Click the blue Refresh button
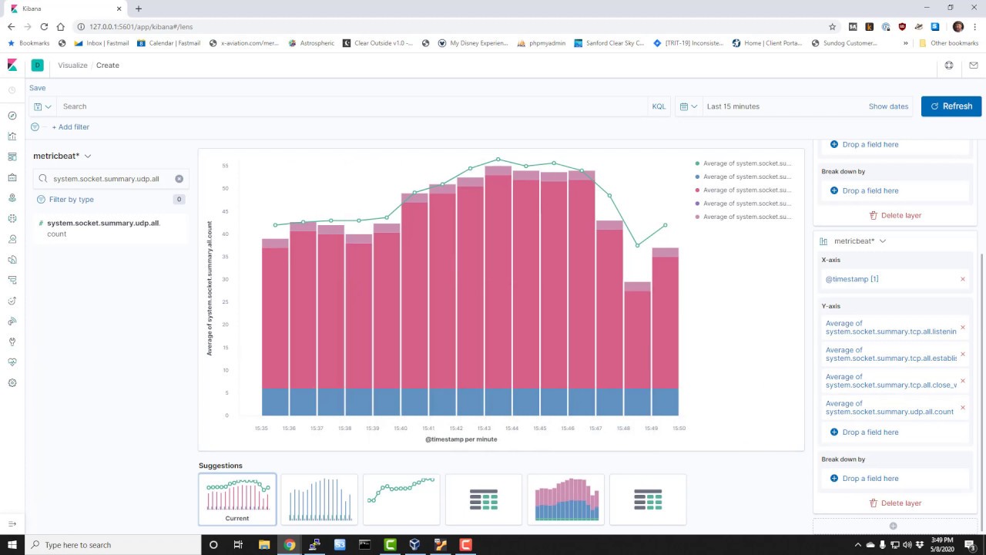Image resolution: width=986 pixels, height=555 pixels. [x=951, y=106]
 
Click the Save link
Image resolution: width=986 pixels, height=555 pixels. [x=37, y=88]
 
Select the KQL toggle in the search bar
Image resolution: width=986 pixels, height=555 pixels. [x=659, y=106]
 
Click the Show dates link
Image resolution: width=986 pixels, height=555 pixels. [x=888, y=106]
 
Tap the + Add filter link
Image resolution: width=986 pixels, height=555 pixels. [x=70, y=127]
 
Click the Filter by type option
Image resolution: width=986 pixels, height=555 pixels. [x=71, y=200]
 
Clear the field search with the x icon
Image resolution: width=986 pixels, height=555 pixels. [x=179, y=179]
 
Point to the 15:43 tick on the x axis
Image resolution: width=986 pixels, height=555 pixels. [x=484, y=429]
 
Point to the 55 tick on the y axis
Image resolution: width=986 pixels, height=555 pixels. [x=225, y=166]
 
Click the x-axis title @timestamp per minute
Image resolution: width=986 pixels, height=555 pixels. [x=461, y=439]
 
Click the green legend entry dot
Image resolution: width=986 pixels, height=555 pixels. [x=697, y=163]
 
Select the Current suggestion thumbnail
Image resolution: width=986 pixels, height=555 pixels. [x=237, y=499]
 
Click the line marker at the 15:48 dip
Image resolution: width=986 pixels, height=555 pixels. [x=637, y=246]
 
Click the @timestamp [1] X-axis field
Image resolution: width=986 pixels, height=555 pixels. [x=852, y=279]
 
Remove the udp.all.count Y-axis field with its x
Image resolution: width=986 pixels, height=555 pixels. [x=962, y=408]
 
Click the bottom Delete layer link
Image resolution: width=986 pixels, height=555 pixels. [x=895, y=503]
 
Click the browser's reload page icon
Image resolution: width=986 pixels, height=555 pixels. [x=44, y=27]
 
